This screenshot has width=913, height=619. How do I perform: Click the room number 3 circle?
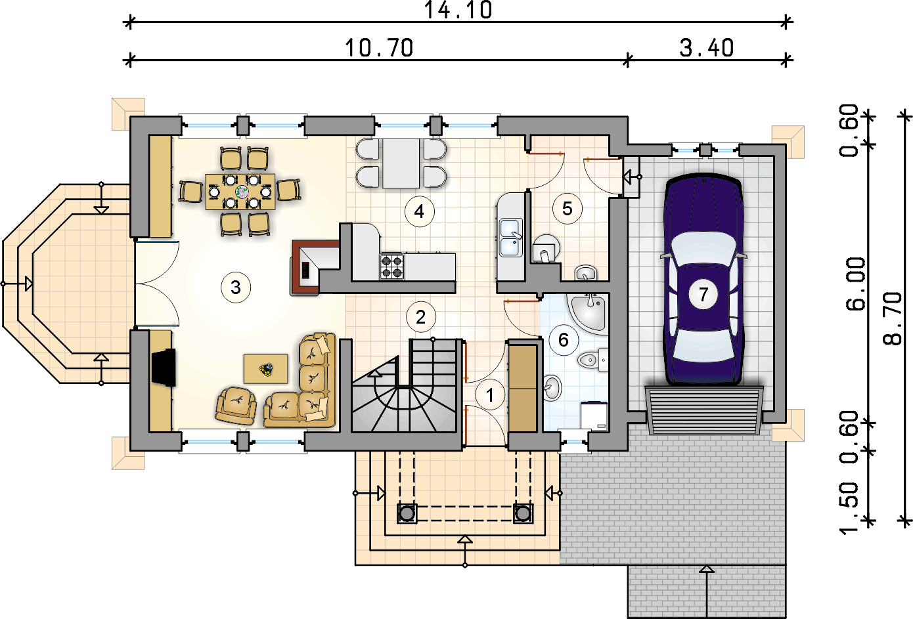pos(236,288)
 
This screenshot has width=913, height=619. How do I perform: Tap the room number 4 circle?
pos(420,211)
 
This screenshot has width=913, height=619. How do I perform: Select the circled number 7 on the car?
pos(703,293)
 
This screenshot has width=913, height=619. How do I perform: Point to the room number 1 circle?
pos(490,395)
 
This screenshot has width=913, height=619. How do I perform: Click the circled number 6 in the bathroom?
pos(564,339)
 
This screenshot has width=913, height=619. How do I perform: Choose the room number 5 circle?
pos(568,209)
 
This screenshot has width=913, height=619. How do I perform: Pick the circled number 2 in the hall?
pos(421,317)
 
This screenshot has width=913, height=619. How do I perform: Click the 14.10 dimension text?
pos(458,10)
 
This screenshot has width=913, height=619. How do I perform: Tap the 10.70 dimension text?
pos(379,48)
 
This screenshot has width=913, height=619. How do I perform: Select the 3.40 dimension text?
pos(707,48)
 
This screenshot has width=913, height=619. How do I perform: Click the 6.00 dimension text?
pos(856,284)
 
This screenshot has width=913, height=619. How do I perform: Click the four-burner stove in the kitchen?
pos(392,267)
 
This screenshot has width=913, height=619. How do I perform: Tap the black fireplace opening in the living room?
pos(164,367)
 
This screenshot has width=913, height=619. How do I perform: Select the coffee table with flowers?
pos(266,369)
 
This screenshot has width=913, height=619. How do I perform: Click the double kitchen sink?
pos(511,238)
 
